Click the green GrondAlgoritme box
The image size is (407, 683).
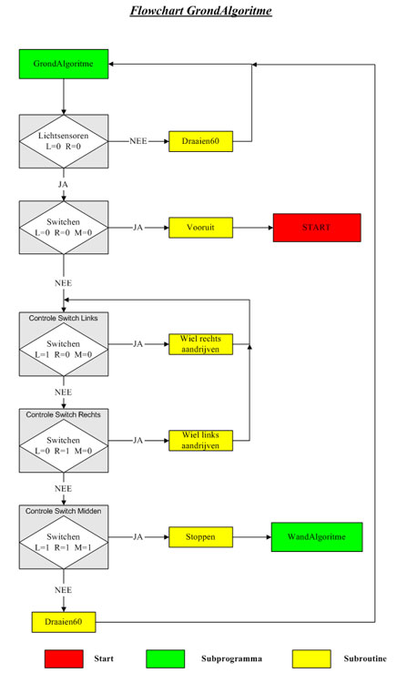click(64, 64)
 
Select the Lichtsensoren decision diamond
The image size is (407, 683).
click(64, 141)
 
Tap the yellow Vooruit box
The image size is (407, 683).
click(200, 228)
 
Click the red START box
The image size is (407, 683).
click(317, 228)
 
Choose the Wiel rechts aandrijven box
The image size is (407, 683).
click(200, 344)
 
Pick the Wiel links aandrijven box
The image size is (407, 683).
click(200, 441)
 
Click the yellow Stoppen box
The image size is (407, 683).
click(200, 537)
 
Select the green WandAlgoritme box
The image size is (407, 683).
click(317, 537)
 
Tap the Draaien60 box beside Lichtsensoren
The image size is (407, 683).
click(200, 141)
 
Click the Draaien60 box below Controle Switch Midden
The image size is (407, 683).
click(64, 622)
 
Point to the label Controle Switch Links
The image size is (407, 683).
click(64, 318)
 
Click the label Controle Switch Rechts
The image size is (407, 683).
click(64, 414)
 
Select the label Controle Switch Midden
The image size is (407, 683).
click(64, 511)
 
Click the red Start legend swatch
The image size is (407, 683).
click(64, 658)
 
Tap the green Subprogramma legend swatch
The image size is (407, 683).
click(166, 658)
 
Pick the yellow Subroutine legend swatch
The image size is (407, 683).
click(311, 658)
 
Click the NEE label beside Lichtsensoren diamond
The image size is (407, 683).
click(138, 141)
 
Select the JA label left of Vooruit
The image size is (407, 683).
click(138, 228)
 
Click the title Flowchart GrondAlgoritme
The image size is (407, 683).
click(200, 11)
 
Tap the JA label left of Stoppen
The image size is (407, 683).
click(138, 537)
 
